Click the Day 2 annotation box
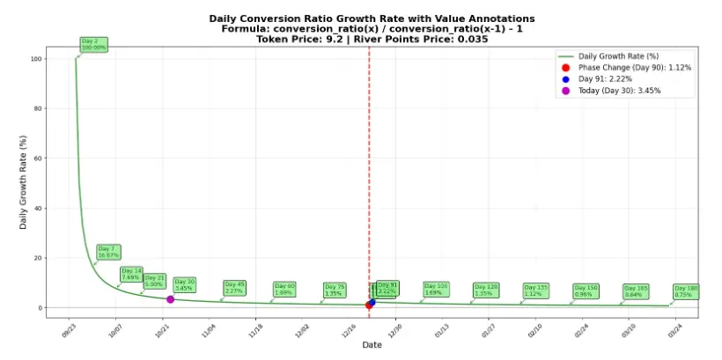92,44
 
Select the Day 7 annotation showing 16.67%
108,252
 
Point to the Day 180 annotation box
686,290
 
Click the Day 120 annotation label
485,290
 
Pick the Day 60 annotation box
284,289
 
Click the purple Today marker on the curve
170,299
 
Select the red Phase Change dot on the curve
369,305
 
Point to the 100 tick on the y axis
35,59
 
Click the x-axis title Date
372,345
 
